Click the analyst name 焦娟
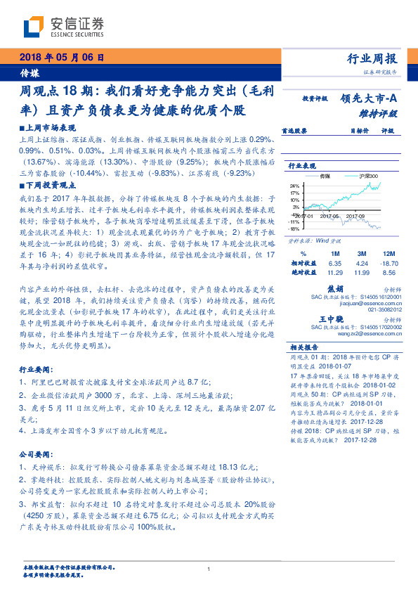[336, 288]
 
